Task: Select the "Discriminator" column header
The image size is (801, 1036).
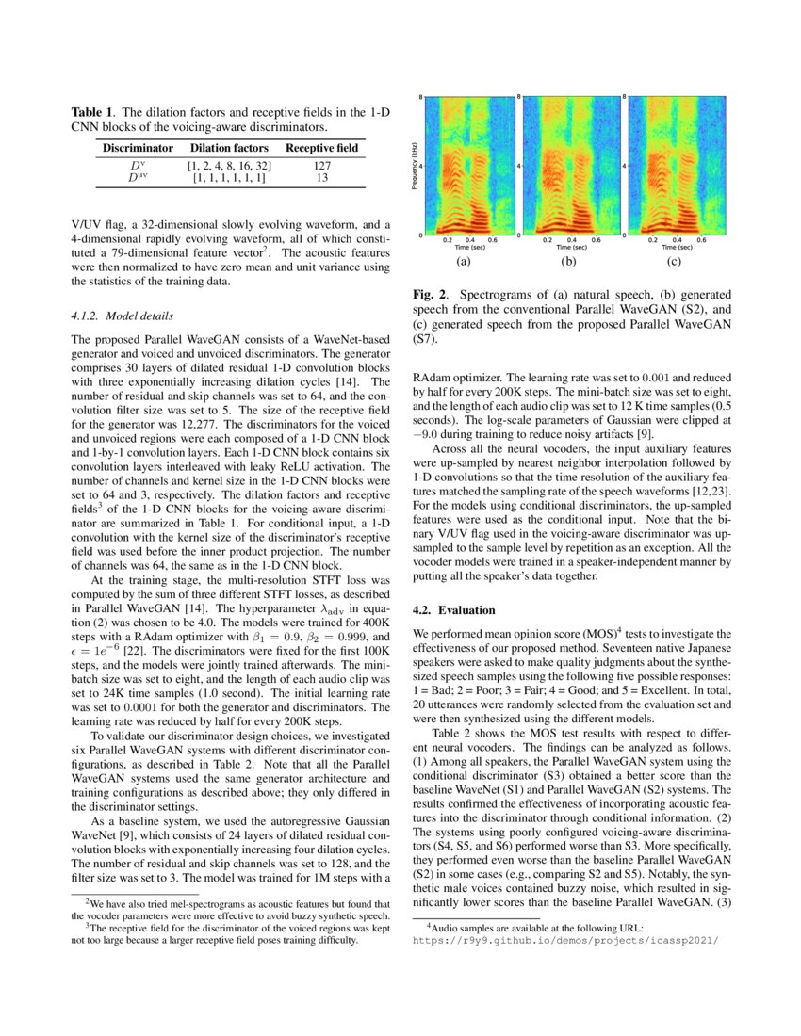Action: (138, 148)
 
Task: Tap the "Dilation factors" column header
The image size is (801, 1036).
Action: (229, 148)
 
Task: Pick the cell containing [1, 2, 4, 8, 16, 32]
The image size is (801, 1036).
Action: (229, 166)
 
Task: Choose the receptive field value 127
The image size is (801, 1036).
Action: (321, 166)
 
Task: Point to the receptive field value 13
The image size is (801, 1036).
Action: (321, 177)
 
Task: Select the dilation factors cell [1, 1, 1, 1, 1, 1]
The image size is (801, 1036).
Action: (229, 177)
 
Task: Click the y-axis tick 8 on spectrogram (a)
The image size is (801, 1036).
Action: (420, 97)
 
